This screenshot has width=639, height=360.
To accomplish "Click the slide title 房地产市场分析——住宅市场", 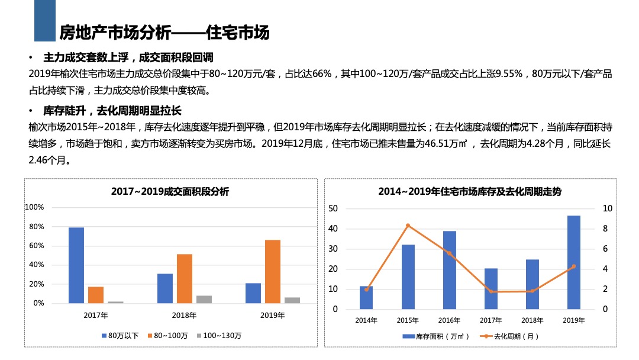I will (164, 32).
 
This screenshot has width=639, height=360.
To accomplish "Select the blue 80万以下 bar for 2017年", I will (76, 265).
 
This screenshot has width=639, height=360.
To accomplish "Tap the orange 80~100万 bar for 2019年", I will (273, 271).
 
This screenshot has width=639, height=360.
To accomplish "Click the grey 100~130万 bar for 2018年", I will (204, 300).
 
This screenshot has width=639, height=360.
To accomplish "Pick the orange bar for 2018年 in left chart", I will (185, 278).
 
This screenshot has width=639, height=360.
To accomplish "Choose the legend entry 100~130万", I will (218, 336).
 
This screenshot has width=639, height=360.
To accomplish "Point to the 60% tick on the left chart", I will (35, 246).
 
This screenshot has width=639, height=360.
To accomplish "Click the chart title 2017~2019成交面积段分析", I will (170, 192).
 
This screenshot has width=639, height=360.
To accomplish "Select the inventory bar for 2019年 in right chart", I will (574, 262).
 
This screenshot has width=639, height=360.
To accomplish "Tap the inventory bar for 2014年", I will (366, 297).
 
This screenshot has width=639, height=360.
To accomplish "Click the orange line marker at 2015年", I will (408, 226).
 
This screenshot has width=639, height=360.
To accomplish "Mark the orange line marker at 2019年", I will (574, 266).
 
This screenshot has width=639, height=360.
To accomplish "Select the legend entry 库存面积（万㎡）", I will (435, 336).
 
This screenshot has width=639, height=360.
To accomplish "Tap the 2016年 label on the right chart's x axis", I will (449, 320).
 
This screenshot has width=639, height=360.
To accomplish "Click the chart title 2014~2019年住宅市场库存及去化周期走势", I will (470, 192).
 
